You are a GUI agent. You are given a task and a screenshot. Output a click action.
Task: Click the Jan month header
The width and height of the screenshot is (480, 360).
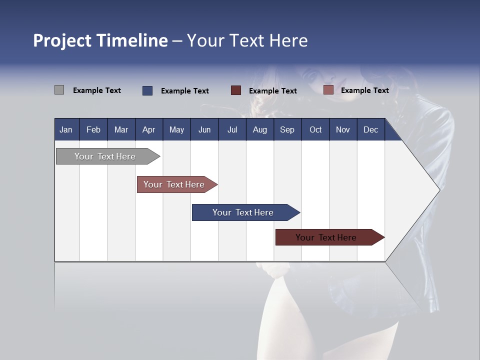66,129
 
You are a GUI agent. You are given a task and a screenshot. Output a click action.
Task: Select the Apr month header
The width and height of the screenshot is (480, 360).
148,129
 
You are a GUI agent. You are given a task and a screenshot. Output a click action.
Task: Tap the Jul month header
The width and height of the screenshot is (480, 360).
232,129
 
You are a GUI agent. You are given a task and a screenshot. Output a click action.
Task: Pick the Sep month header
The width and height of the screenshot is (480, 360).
287,129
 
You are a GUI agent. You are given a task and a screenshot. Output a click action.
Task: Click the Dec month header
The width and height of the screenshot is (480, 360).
370,129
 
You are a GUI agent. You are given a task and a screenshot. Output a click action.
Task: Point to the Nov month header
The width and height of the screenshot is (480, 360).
342,129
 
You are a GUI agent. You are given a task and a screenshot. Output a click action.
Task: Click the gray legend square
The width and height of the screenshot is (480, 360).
59,90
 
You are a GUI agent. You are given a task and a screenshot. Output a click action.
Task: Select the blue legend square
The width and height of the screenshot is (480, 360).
147,90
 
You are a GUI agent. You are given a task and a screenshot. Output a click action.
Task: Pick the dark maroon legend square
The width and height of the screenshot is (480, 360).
236,90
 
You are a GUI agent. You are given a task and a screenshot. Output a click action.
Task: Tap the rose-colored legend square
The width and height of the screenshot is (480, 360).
328,90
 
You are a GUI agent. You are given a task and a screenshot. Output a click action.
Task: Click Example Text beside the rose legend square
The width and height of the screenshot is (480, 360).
364,90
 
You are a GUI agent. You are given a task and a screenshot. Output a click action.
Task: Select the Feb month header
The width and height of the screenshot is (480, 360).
93,129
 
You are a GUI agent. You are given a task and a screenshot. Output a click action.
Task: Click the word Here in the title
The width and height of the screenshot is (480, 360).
288,40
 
